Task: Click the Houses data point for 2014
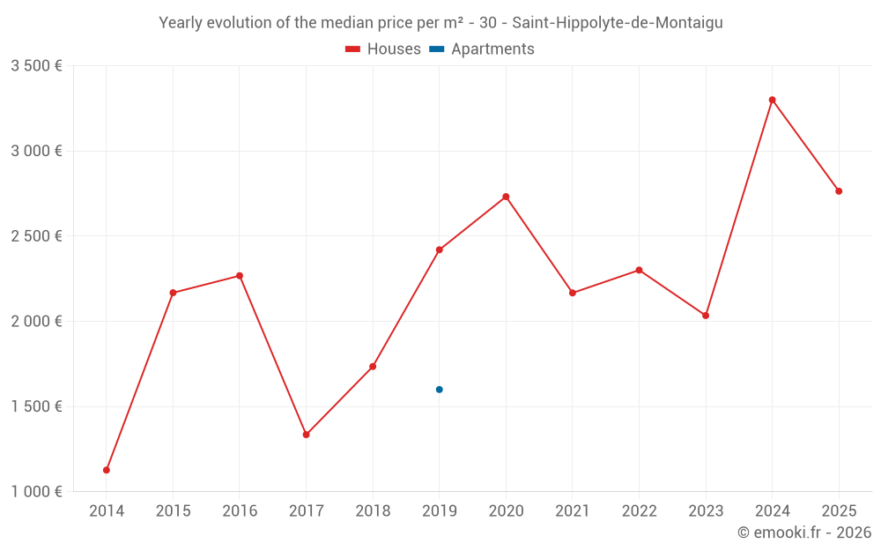pos(107,470)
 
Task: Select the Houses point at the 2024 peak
pos(772,100)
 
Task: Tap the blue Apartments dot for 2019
pos(439,390)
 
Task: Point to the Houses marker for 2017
pos(306,435)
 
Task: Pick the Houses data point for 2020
pos(506,197)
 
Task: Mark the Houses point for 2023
pos(706,316)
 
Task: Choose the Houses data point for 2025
pos(839,191)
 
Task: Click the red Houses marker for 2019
pos(439,249)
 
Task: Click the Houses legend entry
pos(383,49)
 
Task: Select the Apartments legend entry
pos(482,49)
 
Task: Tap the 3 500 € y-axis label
pos(36,66)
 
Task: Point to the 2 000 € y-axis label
pos(36,322)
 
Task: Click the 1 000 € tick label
pos(36,492)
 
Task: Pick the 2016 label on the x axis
pos(240,511)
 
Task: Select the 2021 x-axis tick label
pos(573,511)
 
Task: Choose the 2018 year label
pos(373,511)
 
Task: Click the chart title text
pos(440,23)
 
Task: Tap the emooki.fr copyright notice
pos(804,532)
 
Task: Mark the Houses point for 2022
pos(639,270)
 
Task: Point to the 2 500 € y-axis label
pos(36,236)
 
